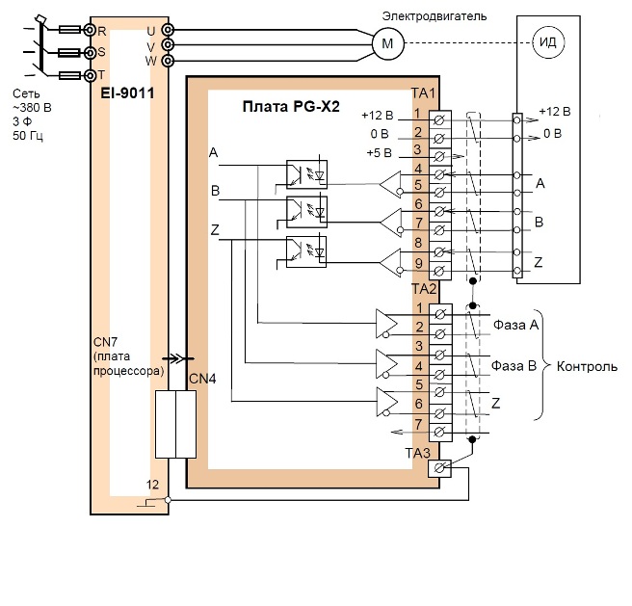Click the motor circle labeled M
click(387, 43)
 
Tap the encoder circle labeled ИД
click(548, 42)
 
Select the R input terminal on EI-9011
click(90, 30)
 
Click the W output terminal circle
click(168, 61)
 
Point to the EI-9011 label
click(127, 93)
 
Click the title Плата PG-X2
click(291, 106)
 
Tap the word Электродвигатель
click(434, 16)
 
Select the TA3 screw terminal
click(439, 468)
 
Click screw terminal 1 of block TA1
click(439, 119)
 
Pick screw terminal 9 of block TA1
click(439, 271)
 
